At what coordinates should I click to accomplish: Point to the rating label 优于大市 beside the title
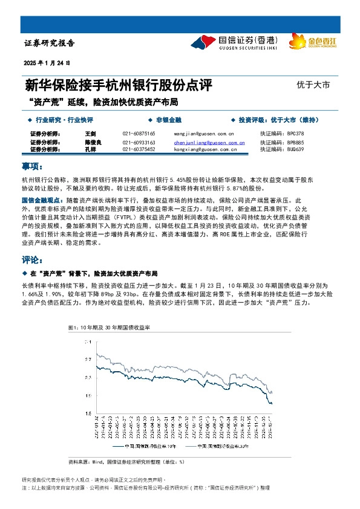pos(313,85)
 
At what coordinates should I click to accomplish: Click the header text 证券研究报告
pos(50,44)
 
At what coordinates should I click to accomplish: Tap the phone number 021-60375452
pos(139,149)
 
